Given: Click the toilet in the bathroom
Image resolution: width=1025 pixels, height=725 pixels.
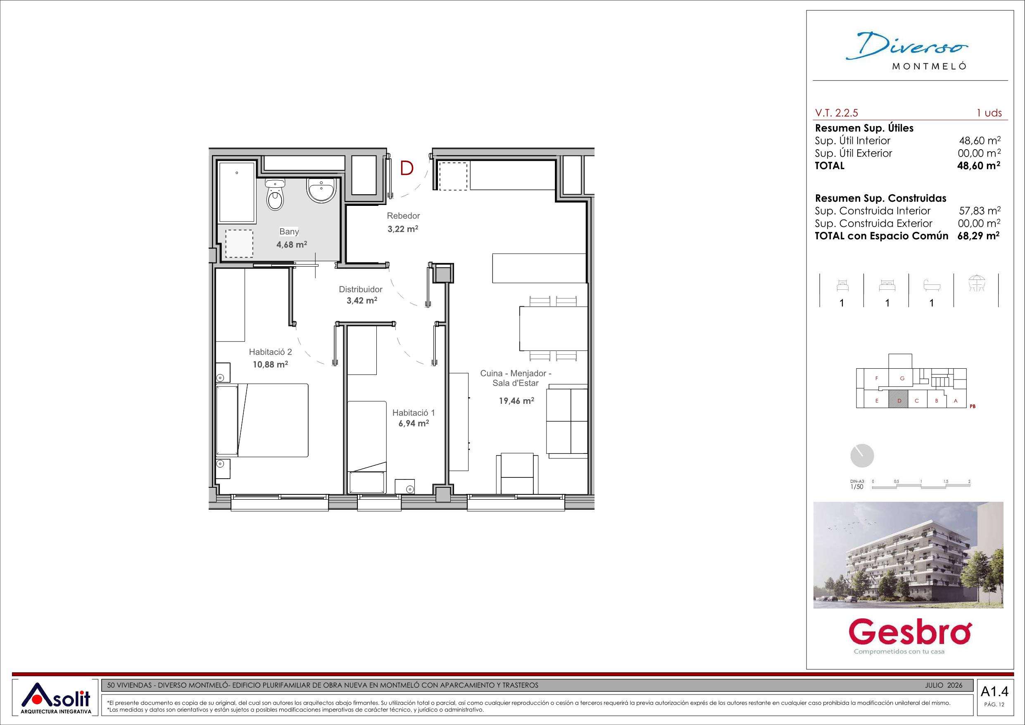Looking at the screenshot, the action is (275, 195).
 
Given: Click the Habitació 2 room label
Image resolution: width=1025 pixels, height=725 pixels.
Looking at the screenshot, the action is (271, 353).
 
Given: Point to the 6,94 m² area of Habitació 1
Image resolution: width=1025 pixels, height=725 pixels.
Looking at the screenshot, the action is (414, 423).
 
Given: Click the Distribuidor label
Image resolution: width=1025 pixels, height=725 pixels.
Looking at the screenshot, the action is (361, 289).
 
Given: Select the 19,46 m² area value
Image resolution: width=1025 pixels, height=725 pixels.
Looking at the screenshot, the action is (516, 401).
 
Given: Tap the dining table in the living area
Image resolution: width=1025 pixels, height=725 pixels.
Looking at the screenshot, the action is (553, 329).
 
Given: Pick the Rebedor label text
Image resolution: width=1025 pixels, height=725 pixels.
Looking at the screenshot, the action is (404, 216).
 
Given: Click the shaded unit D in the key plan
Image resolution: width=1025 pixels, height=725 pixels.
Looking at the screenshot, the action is (897, 401).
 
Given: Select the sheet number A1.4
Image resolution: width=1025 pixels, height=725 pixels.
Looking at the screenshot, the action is (991, 704).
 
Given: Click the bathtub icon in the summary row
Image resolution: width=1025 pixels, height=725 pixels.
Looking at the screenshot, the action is (932, 286).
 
